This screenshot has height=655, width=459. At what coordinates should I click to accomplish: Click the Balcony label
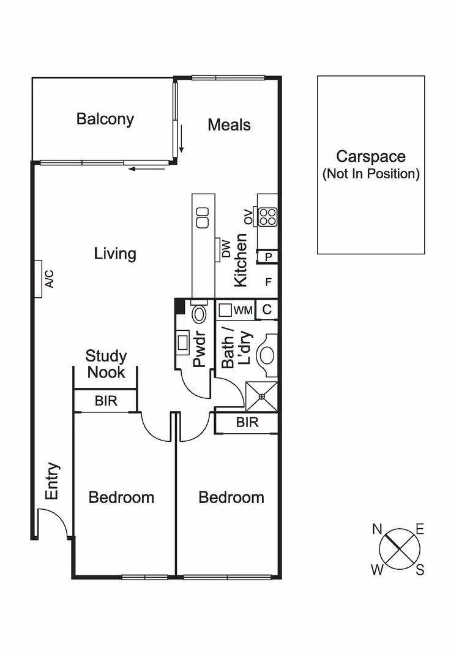pos(105,118)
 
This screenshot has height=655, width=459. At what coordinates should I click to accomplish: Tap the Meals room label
pos(229,125)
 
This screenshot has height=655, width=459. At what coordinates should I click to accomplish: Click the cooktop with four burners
pos(268,216)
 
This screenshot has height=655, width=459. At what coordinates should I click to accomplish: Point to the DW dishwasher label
pos(226,249)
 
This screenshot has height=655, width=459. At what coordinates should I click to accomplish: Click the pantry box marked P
pos(267,257)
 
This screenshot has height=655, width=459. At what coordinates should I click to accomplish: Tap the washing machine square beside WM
pos(225,311)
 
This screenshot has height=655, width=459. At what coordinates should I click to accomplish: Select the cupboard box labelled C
pos(267,310)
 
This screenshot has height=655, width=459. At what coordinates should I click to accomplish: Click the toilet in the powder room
pos(199,315)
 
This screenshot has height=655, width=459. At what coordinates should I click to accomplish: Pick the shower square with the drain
pos(261,396)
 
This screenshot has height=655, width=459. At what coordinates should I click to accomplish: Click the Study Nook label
pos(106,364)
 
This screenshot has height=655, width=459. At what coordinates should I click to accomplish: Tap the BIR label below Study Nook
pos(106,401)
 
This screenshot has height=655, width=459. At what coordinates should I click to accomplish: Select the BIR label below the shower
pos(247,423)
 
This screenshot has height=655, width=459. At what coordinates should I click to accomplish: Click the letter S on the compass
pos(420,570)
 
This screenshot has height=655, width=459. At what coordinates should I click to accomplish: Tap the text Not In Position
pos(371,174)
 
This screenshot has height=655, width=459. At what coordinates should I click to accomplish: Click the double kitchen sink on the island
pos(202,215)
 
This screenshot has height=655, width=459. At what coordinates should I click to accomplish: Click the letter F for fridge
pos(267,282)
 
